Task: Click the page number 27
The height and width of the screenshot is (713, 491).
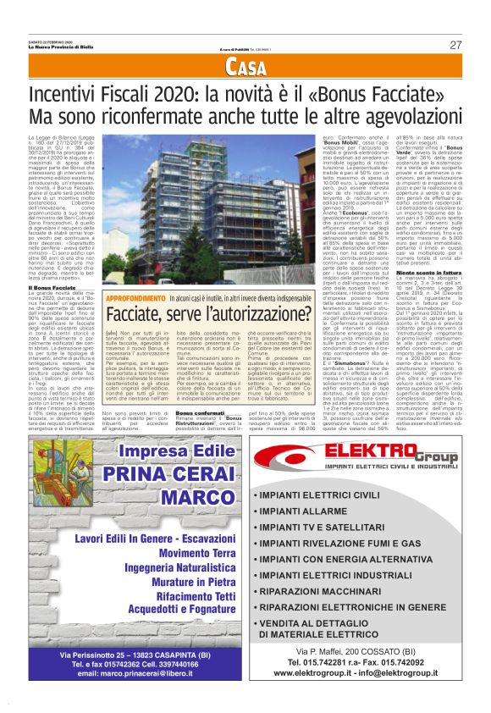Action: pos(455,45)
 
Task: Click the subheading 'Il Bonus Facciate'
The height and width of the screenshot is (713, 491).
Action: pos(52,287)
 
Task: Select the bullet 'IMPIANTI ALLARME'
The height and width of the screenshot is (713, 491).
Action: pos(302,511)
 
